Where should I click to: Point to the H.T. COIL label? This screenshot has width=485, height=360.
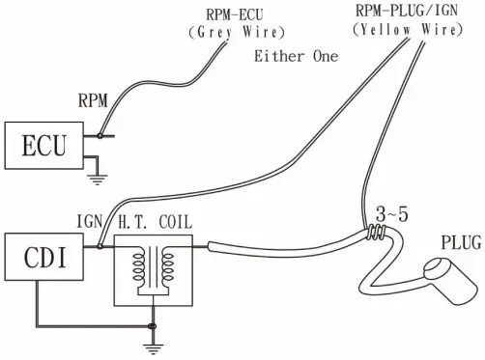[155, 223]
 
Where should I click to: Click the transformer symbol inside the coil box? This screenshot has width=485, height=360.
[152, 265]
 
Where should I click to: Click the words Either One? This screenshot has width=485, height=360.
[296, 56]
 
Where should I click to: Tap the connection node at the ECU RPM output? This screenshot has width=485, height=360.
[100, 135]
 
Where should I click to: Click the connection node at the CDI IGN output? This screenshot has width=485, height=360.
[100, 246]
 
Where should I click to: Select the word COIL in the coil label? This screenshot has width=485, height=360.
[173, 223]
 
